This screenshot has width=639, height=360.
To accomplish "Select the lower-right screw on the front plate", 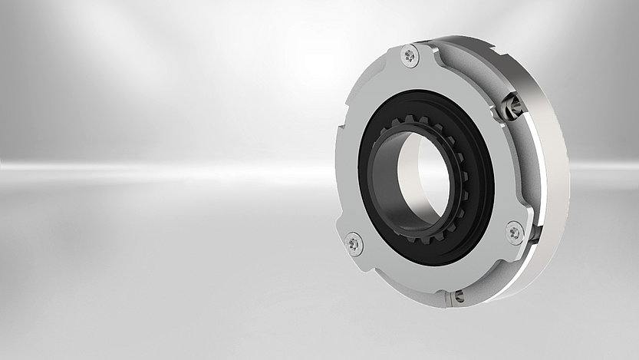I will point(515,231).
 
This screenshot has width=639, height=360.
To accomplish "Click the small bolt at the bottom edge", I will point(457,294).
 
